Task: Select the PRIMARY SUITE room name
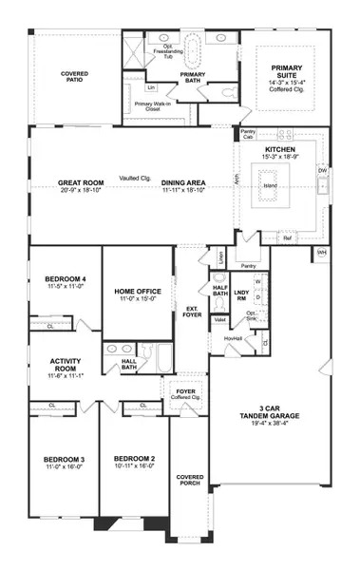[x=286, y=68]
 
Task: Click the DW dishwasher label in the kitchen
[x=322, y=171]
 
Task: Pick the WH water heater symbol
[x=321, y=253]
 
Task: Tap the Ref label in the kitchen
[x=287, y=238]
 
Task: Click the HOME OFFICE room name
[x=136, y=292]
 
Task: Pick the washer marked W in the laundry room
[x=256, y=283]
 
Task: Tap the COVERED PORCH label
[x=190, y=481]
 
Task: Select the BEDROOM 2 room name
[x=134, y=459]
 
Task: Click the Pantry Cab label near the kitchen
[x=248, y=134]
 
